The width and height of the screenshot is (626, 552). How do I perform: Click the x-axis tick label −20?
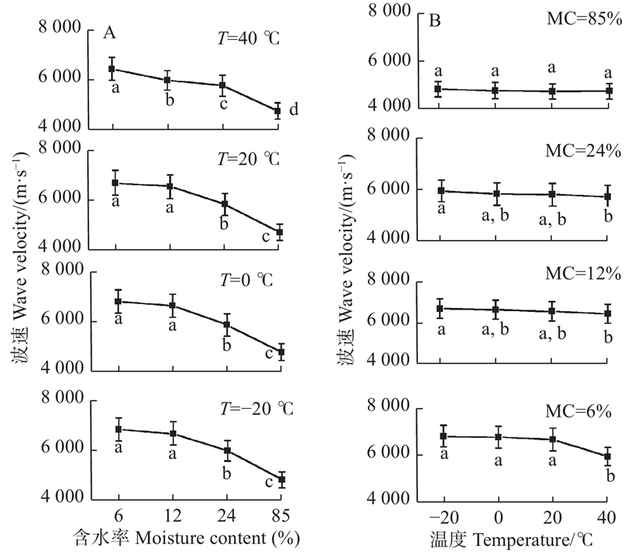point(443,517)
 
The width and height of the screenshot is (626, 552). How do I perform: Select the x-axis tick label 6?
point(117,517)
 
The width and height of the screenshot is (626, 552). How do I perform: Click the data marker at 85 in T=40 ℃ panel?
point(277,111)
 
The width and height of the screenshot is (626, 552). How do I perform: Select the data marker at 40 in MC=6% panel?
point(606,457)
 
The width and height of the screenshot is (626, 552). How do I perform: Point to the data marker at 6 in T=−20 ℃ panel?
point(118,429)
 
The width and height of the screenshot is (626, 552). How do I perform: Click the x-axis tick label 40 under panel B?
point(606,517)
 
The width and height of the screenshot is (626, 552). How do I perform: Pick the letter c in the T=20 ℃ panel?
point(269,238)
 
